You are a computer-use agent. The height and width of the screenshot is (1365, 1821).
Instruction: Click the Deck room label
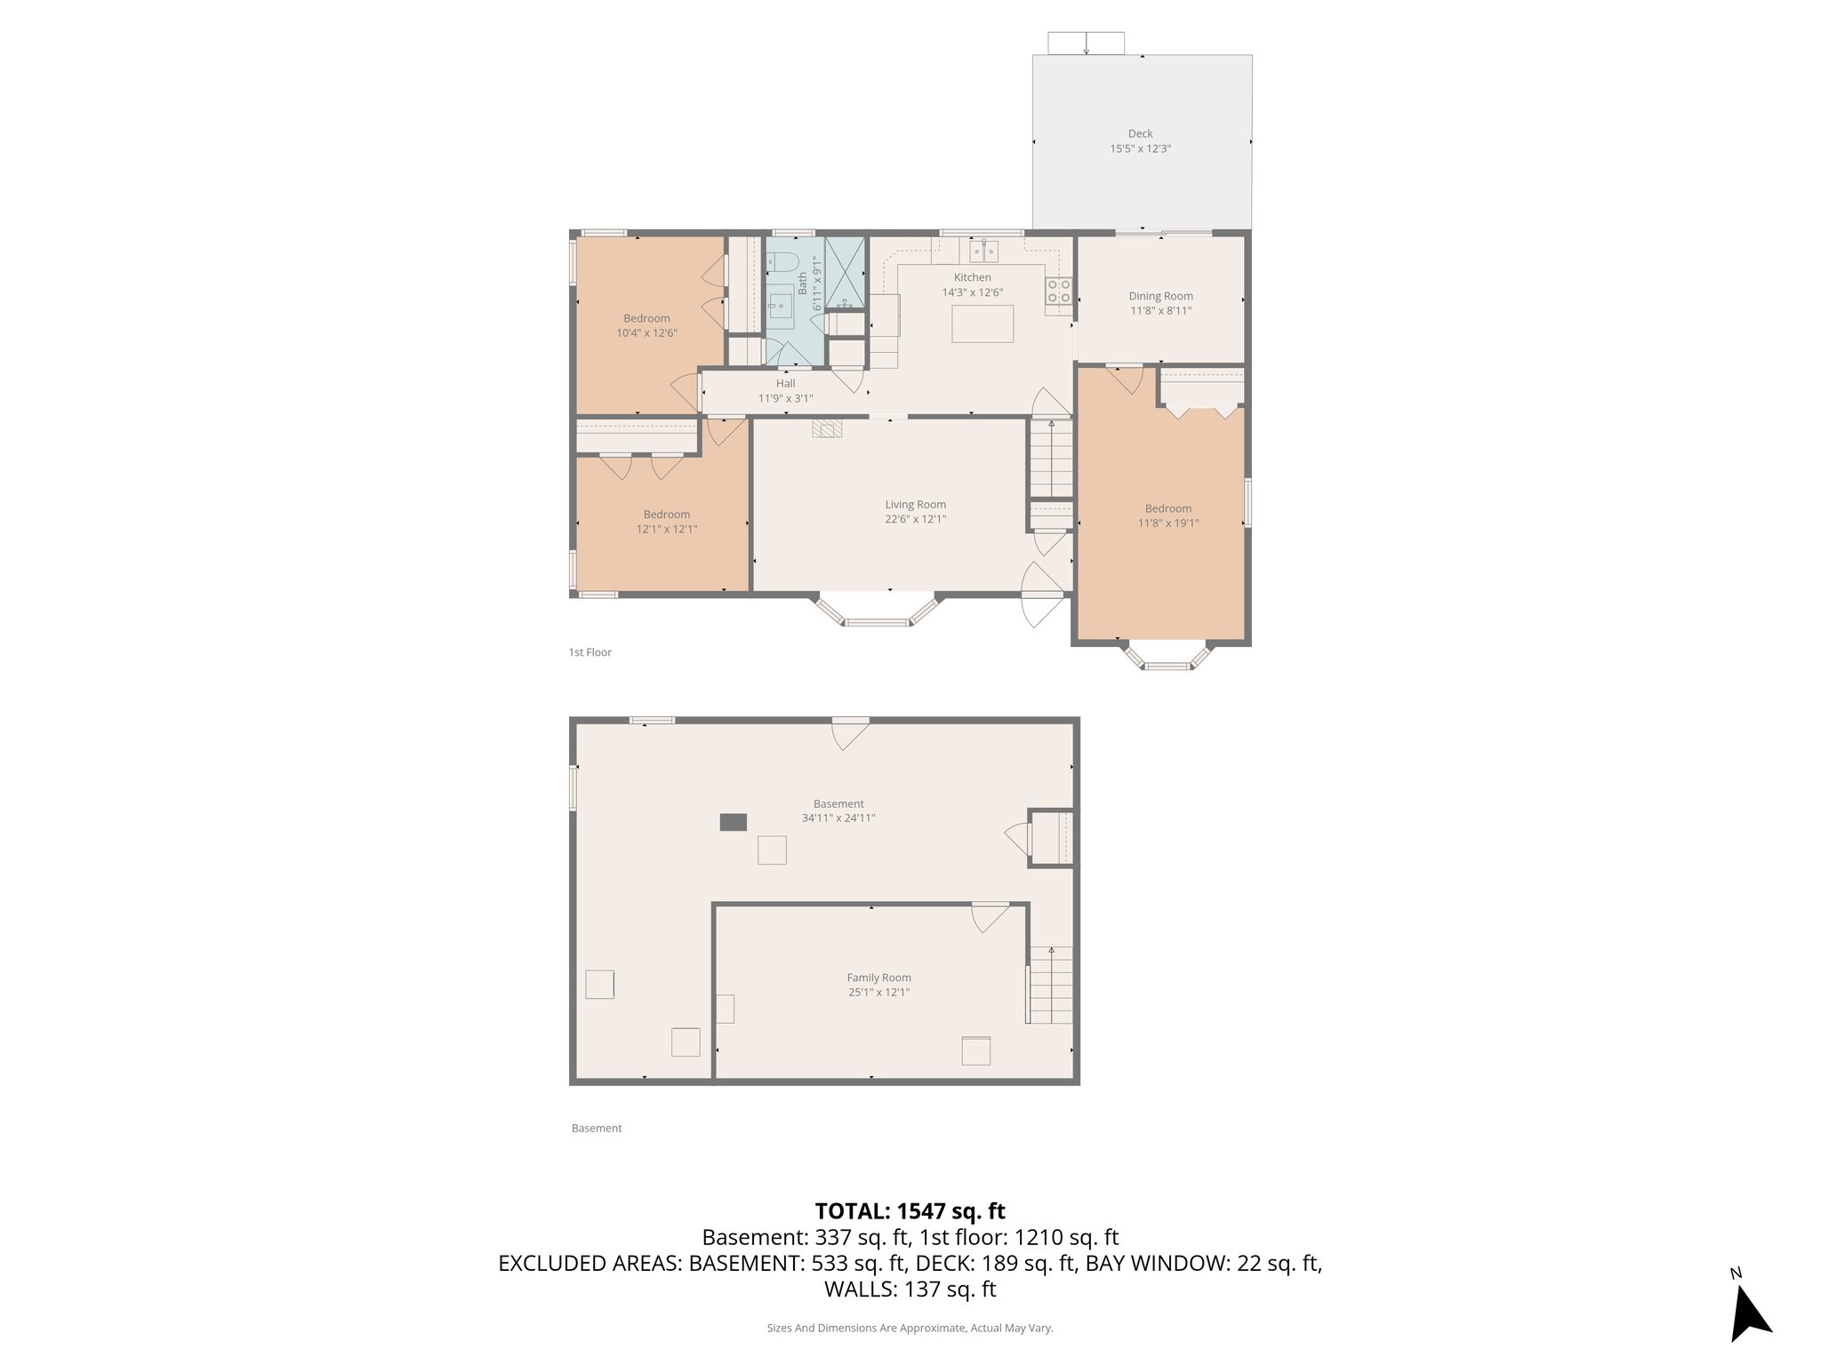click(x=1140, y=134)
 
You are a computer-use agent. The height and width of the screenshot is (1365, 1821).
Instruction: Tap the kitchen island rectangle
click(x=983, y=323)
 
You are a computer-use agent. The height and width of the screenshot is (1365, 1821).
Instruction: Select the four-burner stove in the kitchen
click(x=1058, y=291)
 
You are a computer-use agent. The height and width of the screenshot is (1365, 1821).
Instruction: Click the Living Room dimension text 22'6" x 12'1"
click(x=915, y=519)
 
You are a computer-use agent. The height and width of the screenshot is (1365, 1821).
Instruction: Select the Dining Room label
click(x=1160, y=296)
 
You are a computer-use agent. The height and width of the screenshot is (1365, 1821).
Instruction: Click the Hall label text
click(x=785, y=384)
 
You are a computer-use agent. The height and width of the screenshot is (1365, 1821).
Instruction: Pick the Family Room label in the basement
click(x=878, y=978)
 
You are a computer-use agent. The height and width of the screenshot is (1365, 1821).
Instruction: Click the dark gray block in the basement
click(x=733, y=822)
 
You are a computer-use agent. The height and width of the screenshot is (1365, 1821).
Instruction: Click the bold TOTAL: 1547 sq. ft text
click(x=910, y=1210)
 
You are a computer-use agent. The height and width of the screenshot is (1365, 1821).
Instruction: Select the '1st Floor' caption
click(x=590, y=652)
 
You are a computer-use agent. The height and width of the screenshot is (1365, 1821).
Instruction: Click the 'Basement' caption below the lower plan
click(x=597, y=1129)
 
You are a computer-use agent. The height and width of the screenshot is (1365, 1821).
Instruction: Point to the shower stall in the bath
click(x=845, y=273)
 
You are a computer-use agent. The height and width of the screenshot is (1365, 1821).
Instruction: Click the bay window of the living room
click(x=877, y=613)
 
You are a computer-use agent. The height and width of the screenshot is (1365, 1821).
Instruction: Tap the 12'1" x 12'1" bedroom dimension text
click(x=666, y=529)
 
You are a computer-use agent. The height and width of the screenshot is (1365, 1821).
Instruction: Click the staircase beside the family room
click(x=1051, y=986)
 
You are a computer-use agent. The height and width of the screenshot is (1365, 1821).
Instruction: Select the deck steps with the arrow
click(x=1086, y=43)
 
